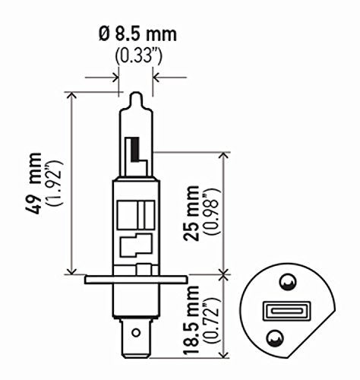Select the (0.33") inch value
pyautogui.click(x=136, y=55)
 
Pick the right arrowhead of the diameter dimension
pyautogui.click(x=158, y=76)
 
